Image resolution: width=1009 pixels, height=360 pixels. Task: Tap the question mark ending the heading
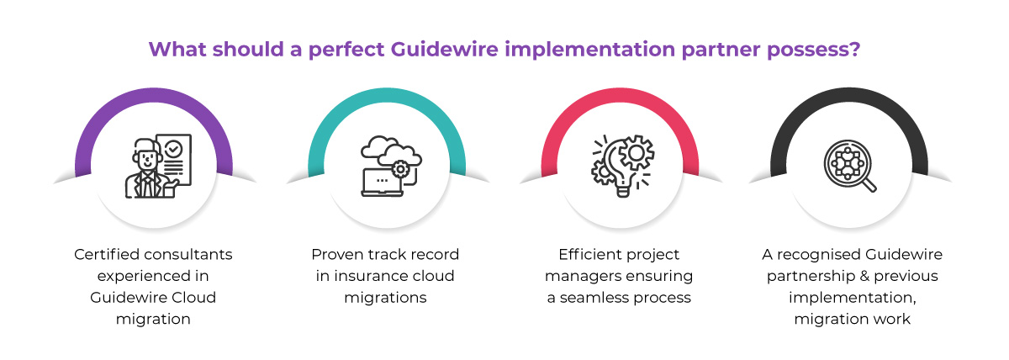(853, 49)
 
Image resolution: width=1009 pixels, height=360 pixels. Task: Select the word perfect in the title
(341, 49)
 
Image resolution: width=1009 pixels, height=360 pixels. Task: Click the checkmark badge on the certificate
(173, 149)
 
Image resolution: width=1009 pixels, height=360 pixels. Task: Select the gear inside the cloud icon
(400, 169)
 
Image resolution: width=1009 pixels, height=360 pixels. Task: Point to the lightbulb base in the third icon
(623, 190)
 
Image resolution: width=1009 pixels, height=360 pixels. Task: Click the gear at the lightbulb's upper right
(637, 152)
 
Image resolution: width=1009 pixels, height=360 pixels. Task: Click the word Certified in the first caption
(104, 254)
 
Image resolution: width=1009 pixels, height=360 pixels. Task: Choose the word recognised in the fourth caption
(816, 254)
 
